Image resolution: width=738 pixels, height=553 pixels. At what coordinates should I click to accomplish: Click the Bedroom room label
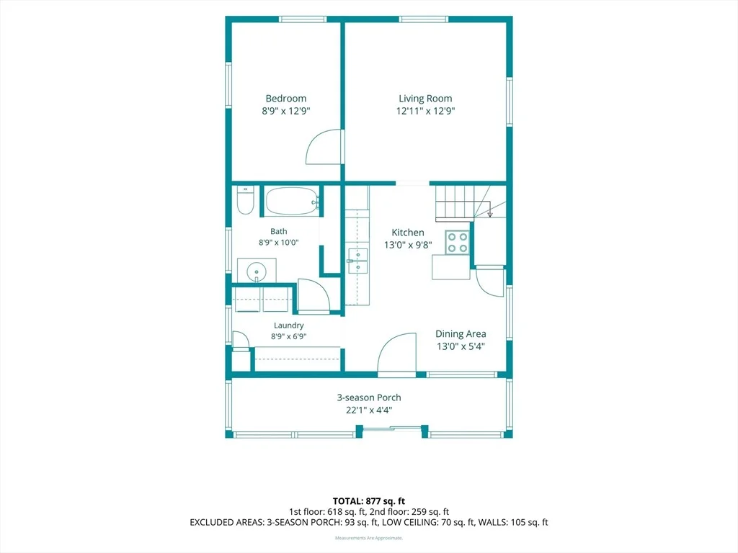(x=285, y=98)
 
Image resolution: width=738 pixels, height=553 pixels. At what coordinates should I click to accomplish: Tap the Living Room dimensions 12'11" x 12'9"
(x=425, y=111)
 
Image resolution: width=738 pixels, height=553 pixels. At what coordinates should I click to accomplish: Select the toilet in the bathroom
(x=245, y=200)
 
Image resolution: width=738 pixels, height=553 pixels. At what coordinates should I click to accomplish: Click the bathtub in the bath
(x=293, y=202)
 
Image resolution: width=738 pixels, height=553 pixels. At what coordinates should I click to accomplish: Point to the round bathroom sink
(x=257, y=271)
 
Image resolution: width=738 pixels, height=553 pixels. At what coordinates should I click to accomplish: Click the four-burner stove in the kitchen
(x=458, y=242)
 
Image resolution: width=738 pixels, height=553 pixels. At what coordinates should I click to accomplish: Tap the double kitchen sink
(x=357, y=261)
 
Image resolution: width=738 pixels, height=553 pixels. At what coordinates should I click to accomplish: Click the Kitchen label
(x=408, y=233)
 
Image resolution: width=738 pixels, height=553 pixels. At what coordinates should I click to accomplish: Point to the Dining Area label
(x=461, y=334)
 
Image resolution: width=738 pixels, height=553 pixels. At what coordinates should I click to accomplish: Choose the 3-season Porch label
(x=369, y=397)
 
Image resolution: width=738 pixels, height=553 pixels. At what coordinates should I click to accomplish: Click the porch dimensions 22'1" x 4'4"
(x=369, y=410)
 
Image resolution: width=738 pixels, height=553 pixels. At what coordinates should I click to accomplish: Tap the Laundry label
(x=288, y=325)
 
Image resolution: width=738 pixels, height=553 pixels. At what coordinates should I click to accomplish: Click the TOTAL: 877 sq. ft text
(x=369, y=501)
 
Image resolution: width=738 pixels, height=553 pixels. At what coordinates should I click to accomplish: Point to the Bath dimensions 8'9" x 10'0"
(x=279, y=243)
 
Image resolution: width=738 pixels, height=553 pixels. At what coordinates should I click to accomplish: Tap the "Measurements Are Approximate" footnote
(x=369, y=538)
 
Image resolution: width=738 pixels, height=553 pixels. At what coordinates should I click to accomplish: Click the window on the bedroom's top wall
(x=303, y=19)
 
